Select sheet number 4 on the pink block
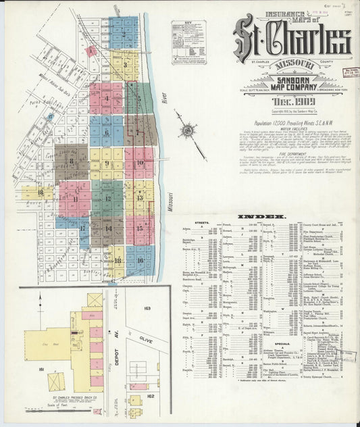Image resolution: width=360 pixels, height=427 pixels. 106,98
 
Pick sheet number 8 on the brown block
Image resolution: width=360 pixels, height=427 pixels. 72,161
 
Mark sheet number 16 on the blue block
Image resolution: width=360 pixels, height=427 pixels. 140,258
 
